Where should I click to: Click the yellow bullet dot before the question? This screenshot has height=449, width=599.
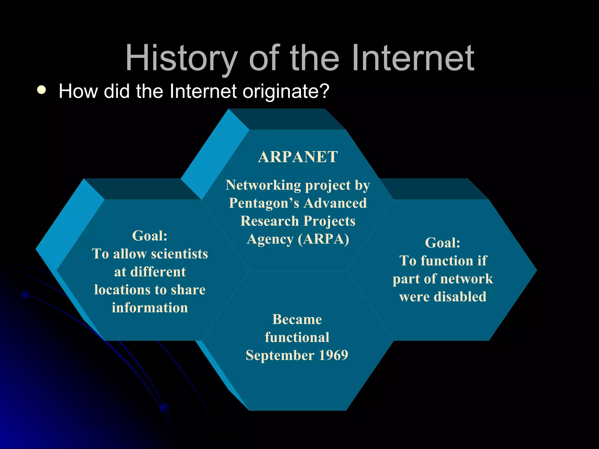[42, 90]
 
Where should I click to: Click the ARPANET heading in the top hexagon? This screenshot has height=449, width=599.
[298, 157]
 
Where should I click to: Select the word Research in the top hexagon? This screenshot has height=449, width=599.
[269, 221]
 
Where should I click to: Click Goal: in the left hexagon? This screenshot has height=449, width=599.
[150, 236]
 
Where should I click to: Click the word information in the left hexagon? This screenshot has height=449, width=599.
[150, 308]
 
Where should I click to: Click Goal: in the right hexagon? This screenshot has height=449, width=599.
[443, 243]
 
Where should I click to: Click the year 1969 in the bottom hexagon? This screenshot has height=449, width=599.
[333, 355]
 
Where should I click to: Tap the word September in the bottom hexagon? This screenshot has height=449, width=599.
[280, 355]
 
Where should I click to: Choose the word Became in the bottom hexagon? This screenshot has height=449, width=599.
[297, 319]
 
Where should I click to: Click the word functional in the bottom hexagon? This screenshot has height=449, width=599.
[297, 337]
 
